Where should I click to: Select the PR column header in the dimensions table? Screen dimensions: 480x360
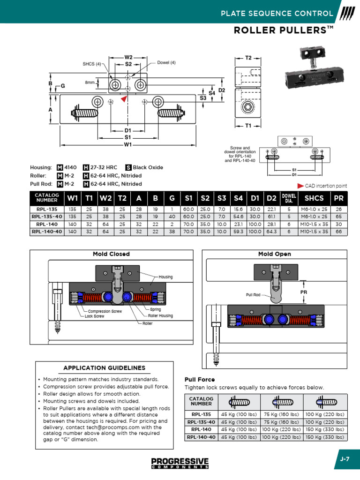(x=338, y=198)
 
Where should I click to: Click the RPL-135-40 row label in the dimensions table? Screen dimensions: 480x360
(x=46, y=217)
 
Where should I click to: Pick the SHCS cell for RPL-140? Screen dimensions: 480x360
(x=314, y=225)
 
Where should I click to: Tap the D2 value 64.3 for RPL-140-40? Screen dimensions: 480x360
(x=271, y=232)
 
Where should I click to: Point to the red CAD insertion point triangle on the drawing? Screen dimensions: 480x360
(x=124, y=99)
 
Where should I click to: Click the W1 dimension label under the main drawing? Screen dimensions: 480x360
(x=128, y=145)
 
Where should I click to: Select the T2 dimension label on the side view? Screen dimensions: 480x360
(x=248, y=58)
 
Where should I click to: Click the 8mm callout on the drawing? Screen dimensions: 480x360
(x=90, y=82)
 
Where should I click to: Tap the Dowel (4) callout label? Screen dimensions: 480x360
(x=166, y=63)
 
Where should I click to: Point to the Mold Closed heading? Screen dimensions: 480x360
(x=112, y=254)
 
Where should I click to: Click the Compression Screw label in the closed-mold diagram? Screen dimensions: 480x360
(x=105, y=311)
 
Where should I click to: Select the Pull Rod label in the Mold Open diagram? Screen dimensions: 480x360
(x=253, y=295)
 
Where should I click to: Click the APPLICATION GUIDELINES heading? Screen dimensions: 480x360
(x=105, y=368)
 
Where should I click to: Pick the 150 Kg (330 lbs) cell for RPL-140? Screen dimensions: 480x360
(x=325, y=429)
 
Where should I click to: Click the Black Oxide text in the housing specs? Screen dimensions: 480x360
(x=148, y=167)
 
